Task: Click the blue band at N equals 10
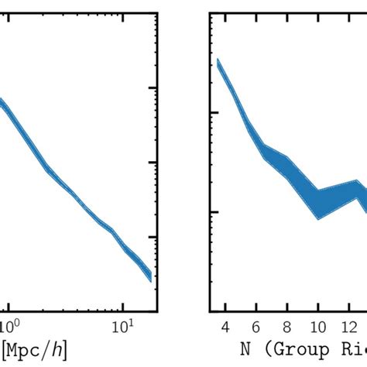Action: [x=317, y=204]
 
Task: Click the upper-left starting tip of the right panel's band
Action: [x=218, y=61]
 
